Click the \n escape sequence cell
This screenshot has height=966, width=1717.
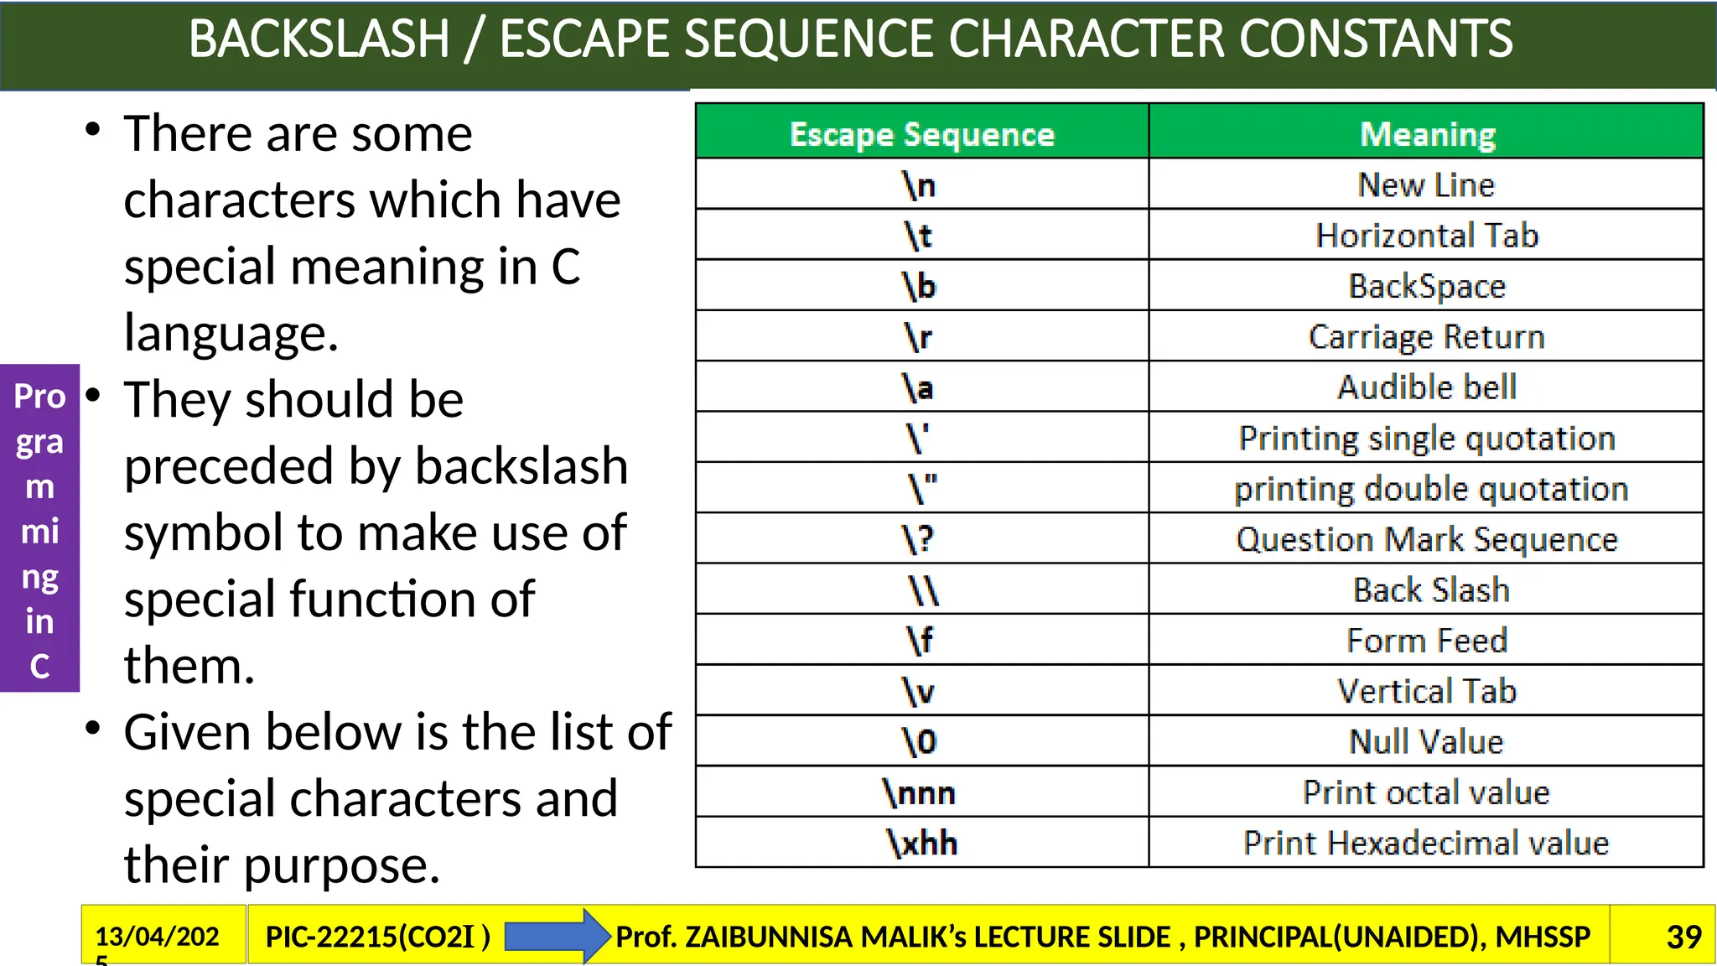920,184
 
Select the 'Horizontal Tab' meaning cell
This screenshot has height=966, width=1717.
1426,236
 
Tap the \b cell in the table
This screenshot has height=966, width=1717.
920,286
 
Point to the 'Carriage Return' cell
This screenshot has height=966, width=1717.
1426,336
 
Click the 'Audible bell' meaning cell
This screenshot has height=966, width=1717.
1426,387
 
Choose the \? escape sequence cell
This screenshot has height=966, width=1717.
920,539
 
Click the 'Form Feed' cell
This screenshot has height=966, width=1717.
1426,641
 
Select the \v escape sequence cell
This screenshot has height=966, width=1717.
920,691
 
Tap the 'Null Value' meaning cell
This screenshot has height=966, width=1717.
1426,741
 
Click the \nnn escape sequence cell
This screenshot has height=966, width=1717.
920,792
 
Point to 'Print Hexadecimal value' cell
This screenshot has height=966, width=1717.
1426,843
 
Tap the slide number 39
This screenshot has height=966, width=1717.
1683,937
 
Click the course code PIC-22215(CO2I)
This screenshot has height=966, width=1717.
377,937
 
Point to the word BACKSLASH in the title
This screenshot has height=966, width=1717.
319,39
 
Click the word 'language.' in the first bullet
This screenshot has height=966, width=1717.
231,333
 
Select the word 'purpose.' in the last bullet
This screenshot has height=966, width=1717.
341,865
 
